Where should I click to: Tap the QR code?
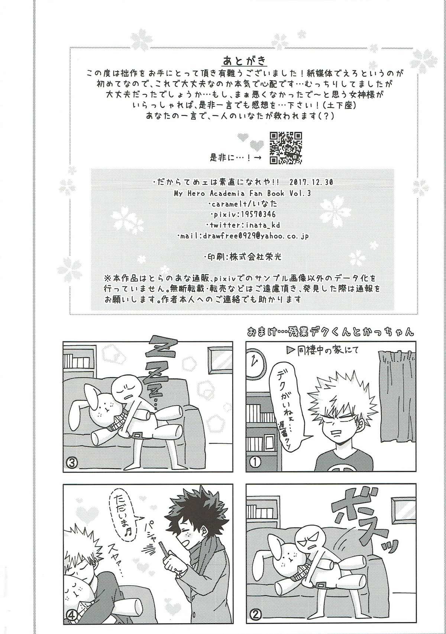coord(285,148)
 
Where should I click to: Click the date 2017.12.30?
coord(311,182)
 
